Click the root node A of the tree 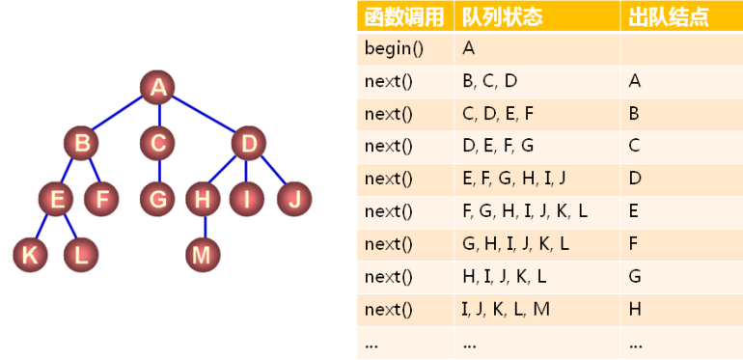(x=157, y=88)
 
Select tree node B (x=82, y=145)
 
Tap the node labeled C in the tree (x=156, y=145)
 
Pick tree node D (x=249, y=145)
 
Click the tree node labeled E (x=57, y=200)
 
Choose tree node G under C (x=156, y=200)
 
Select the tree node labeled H (x=203, y=200)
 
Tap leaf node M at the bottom (x=203, y=255)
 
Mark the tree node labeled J (x=294, y=200)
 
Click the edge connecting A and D (x=204, y=117)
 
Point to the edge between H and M (x=203, y=228)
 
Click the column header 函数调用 (x=404, y=16)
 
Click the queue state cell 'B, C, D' (x=490, y=81)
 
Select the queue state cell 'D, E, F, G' (x=498, y=146)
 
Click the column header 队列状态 (x=503, y=16)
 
